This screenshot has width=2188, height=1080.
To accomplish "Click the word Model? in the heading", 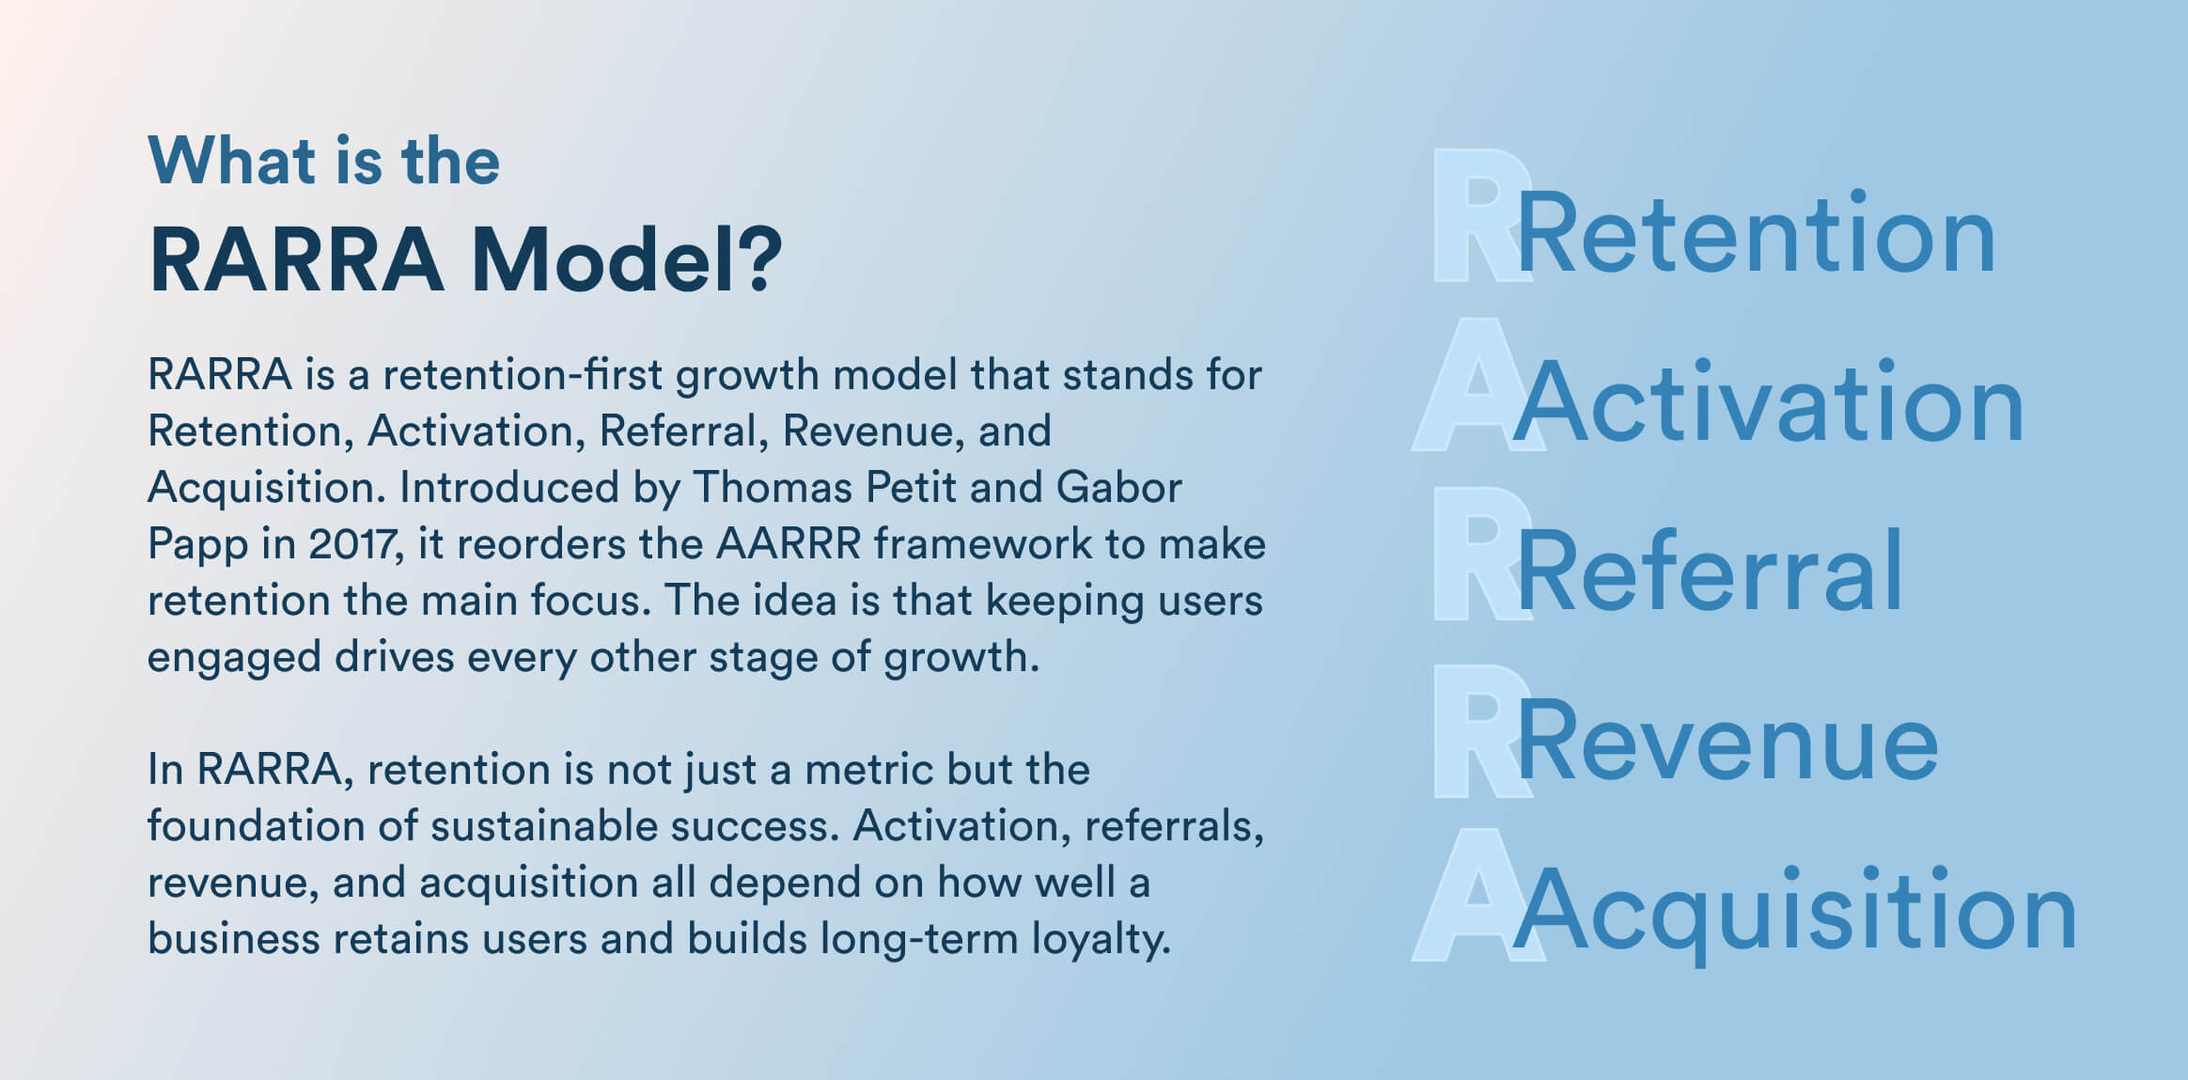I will click(625, 260).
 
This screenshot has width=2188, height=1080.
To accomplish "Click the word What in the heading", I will click(231, 162).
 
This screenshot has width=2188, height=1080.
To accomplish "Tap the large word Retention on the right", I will click(1756, 234).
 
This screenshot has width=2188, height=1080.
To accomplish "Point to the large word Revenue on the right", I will click(1727, 742).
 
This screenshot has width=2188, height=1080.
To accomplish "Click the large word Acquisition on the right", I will click(1795, 912).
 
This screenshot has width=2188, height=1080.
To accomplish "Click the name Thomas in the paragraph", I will click(774, 488).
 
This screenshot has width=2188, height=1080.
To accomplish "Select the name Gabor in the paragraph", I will click(1118, 488).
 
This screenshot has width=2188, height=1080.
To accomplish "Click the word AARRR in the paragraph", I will click(788, 544).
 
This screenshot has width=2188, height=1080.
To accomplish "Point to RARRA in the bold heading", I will click(296, 260).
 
